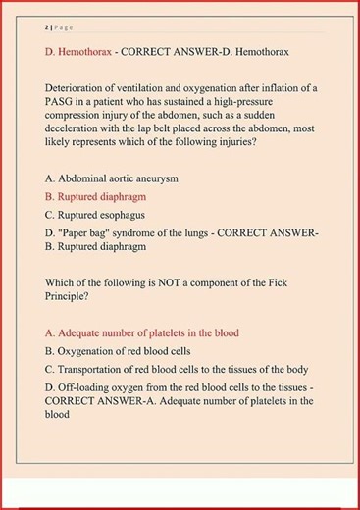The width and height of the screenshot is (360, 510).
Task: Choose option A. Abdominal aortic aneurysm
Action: pyautogui.click(x=112, y=179)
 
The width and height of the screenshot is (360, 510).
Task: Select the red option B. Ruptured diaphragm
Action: pyautogui.click(x=102, y=196)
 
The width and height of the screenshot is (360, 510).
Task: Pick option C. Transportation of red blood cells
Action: pyautogui.click(x=177, y=369)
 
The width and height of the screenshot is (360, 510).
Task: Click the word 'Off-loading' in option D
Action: pyautogui.click(x=84, y=387)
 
